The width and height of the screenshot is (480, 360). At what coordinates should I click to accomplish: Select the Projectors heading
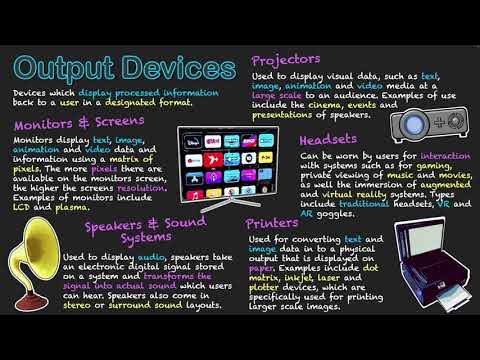[x=286, y=59]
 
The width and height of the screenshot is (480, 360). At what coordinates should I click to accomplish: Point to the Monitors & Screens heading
[x=80, y=124]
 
